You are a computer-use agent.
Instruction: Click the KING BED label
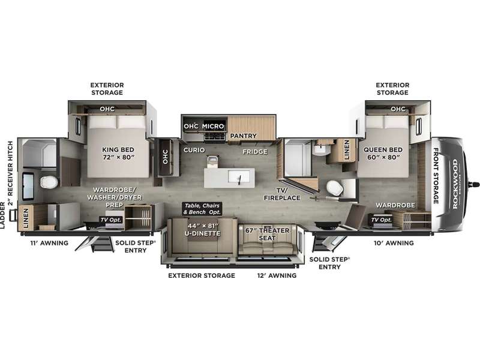[118, 154]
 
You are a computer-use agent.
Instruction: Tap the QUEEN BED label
[383, 154]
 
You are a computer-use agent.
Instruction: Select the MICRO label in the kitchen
[213, 126]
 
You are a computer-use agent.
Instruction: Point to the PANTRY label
[244, 136]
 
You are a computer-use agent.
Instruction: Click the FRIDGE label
[255, 152]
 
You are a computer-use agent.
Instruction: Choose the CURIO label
[194, 150]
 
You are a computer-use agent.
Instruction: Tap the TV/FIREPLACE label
[282, 194]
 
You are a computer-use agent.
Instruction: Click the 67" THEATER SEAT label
[267, 234]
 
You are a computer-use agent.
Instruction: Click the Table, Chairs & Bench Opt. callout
[202, 208]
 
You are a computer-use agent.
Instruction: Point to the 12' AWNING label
[277, 275]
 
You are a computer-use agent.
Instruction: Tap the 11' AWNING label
[49, 243]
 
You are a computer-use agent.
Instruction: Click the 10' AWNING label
[394, 243]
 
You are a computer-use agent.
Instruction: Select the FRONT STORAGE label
[436, 176]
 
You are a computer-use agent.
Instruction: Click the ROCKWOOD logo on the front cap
[455, 184]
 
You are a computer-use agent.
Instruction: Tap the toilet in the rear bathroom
[49, 182]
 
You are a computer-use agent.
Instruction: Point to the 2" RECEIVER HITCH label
[11, 173]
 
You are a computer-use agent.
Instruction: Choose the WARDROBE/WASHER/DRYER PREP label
[114, 197]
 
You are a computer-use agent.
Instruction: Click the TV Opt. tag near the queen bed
[381, 220]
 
